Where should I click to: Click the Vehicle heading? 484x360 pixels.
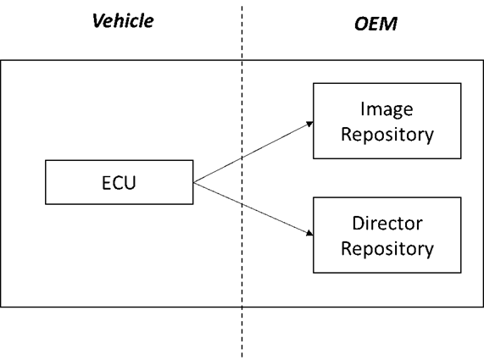[x=123, y=21]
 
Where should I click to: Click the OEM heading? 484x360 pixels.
[x=375, y=24]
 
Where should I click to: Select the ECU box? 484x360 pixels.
[x=119, y=183]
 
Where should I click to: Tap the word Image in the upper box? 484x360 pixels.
[x=386, y=110]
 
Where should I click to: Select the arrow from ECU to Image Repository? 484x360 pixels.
[x=254, y=151]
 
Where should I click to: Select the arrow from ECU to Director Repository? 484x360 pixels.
[x=254, y=209]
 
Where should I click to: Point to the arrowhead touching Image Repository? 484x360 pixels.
[x=309, y=124]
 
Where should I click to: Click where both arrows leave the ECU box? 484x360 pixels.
[x=194, y=182]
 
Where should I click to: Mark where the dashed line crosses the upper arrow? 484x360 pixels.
[x=242, y=158]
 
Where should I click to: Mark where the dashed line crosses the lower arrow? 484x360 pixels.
[x=242, y=204]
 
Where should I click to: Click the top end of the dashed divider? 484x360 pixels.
[x=242, y=7]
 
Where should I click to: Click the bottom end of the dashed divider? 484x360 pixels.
[x=242, y=356]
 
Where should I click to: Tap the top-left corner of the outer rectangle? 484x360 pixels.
[x=1, y=60]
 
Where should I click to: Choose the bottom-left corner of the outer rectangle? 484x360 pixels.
[x=1, y=306]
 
